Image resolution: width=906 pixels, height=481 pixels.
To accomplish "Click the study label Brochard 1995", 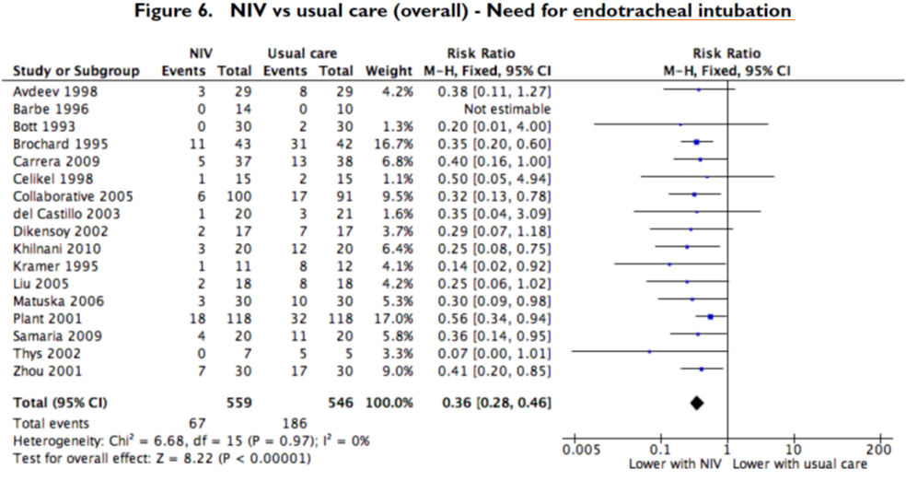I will tap(49, 142).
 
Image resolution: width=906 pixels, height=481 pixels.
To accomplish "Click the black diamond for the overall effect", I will tap(696, 403).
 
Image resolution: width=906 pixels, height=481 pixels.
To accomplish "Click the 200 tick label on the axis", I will tap(879, 450).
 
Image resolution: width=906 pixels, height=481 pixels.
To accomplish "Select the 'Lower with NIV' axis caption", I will tap(674, 463).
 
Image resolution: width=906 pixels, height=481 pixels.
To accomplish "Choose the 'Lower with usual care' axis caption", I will tap(800, 463).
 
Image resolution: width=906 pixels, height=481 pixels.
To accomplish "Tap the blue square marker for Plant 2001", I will tap(710, 317).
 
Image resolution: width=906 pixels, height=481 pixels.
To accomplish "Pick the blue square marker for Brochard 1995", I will tap(696, 142).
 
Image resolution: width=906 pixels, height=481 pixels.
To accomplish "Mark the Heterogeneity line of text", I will tap(192, 440).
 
